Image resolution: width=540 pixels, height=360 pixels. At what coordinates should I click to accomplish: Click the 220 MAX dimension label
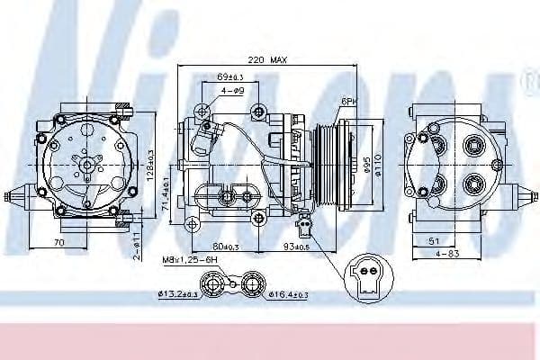click(267, 60)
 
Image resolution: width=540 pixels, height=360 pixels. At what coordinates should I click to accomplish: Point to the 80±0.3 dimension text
click(228, 247)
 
